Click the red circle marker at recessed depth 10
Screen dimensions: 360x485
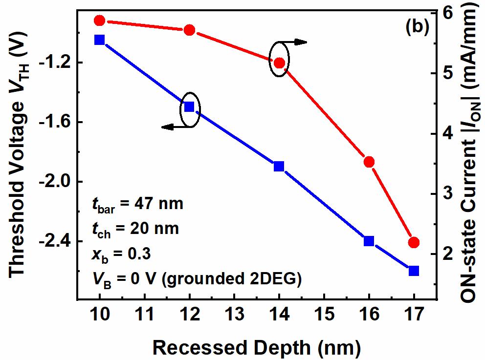click(100, 20)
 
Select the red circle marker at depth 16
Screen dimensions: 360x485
click(369, 162)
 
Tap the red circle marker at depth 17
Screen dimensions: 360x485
click(414, 242)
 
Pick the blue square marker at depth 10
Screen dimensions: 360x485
click(100, 40)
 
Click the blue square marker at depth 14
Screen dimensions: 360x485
click(279, 166)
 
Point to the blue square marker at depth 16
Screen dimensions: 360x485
click(369, 241)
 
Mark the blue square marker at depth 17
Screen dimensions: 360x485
click(414, 271)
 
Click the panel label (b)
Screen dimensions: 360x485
click(417, 27)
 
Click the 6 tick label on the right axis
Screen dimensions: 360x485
click(445, 13)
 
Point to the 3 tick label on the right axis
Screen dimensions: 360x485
click(445, 194)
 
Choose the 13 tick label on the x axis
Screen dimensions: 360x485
click(234, 315)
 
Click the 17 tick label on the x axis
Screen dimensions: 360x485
click(414, 315)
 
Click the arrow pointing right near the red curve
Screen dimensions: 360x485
click(296, 42)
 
